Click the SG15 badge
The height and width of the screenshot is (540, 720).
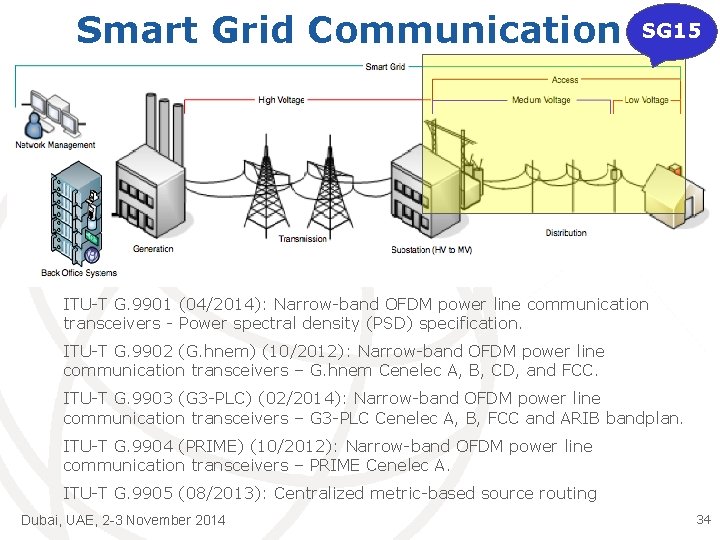point(671,31)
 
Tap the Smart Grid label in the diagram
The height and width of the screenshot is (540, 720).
point(385,67)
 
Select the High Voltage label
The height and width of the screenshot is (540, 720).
point(281,100)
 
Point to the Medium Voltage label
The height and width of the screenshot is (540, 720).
point(541,100)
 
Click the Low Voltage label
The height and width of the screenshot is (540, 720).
point(646,100)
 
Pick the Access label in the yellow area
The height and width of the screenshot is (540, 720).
point(565,80)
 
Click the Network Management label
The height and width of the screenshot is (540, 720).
point(56,145)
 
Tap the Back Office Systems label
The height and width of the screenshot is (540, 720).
point(79,272)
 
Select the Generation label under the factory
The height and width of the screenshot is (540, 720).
point(154,248)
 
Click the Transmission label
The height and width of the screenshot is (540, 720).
point(303,239)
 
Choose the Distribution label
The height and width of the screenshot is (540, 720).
point(566,233)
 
